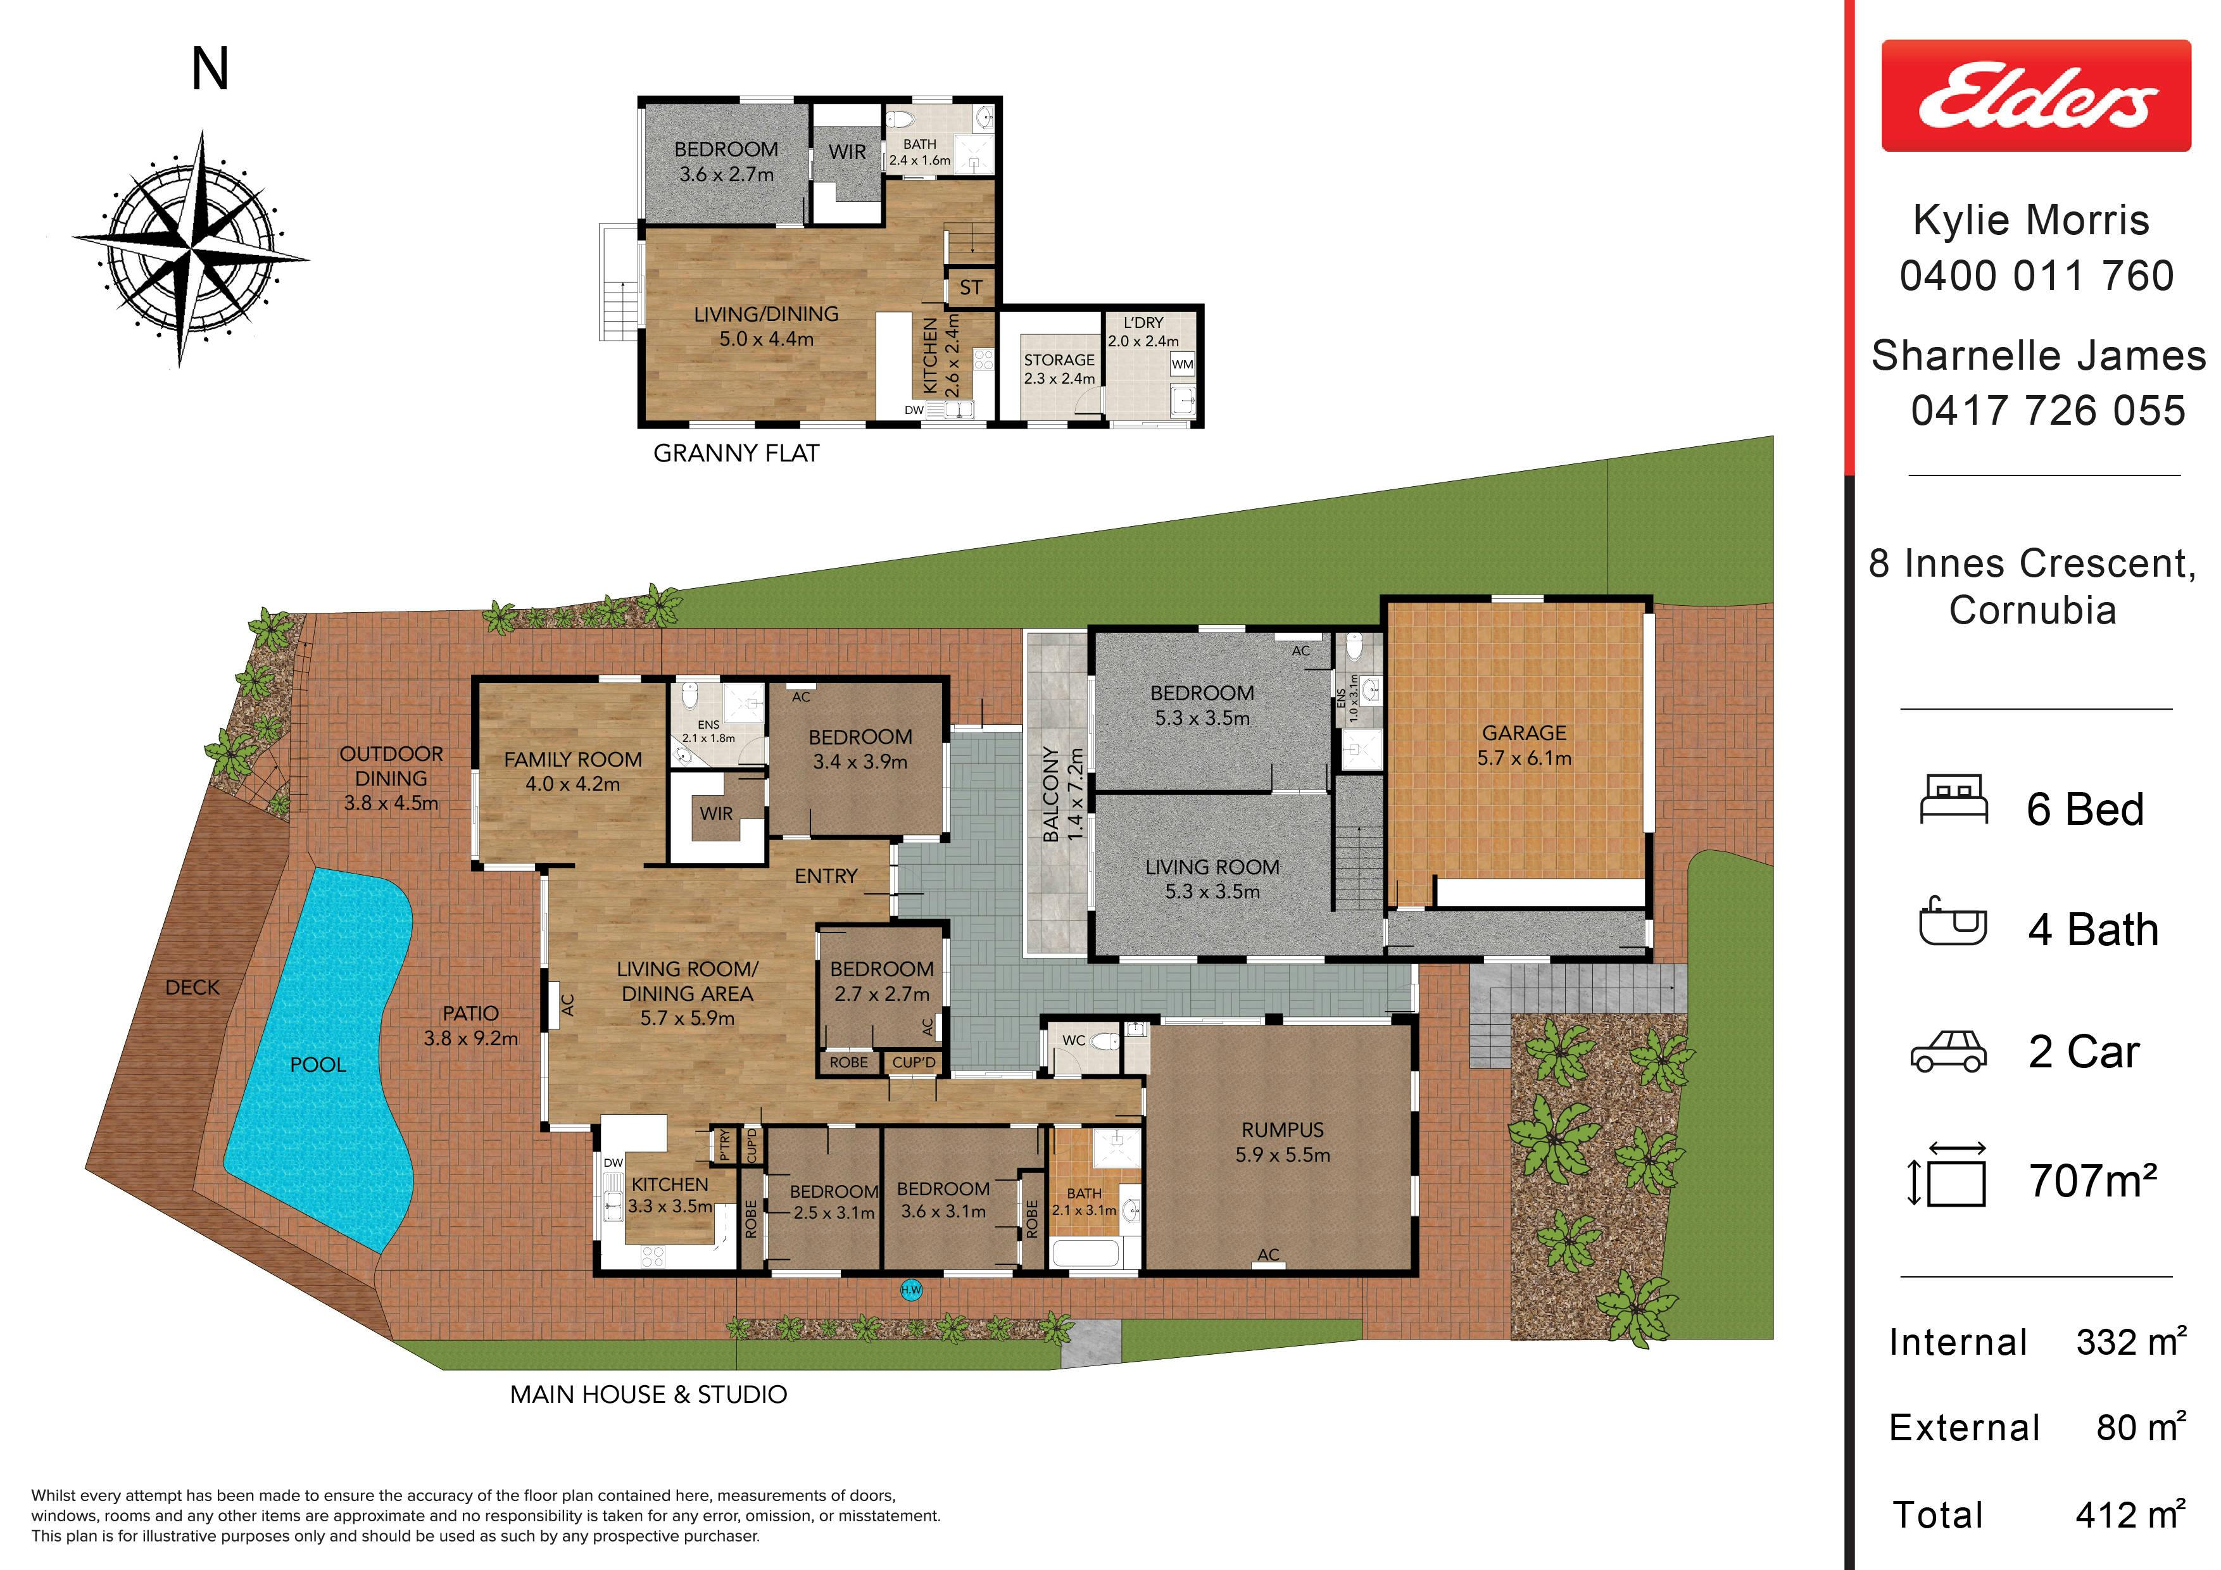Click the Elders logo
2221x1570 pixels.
[2035, 96]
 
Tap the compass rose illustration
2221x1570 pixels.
[191, 249]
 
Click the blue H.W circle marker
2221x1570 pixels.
[911, 1290]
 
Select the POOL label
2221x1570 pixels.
[318, 1064]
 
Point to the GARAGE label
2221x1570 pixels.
[1523, 733]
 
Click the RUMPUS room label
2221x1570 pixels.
[1283, 1130]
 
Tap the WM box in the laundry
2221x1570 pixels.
[1182, 365]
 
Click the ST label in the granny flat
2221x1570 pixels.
[971, 287]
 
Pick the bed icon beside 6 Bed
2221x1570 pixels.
[1953, 800]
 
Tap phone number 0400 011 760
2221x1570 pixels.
[2036, 275]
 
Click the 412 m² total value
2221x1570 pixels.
[2130, 1514]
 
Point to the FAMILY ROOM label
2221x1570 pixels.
[573, 760]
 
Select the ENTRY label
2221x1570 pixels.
[826, 876]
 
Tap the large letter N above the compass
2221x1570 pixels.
[210, 70]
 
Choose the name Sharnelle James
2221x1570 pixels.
[2038, 355]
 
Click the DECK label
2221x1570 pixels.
[192, 987]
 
